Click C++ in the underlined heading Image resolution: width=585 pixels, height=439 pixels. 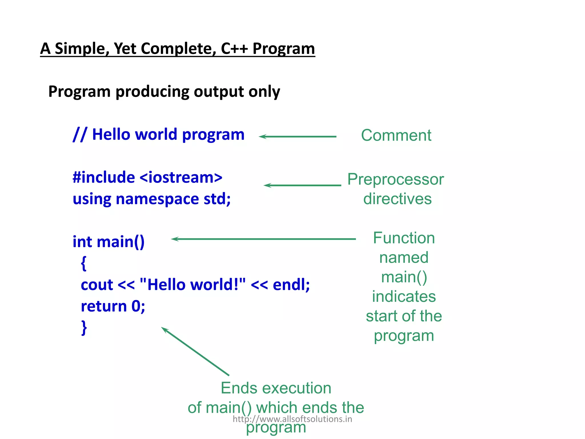point(234,48)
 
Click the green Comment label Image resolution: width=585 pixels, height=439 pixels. point(396,135)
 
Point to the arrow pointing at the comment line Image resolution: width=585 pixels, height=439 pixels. point(297,137)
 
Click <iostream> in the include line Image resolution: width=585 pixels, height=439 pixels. point(181,177)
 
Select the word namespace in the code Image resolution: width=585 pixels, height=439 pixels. point(157,199)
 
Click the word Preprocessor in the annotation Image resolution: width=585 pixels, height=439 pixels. point(396,179)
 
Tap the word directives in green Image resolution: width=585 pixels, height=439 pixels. point(397,199)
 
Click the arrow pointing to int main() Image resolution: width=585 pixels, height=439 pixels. point(263,239)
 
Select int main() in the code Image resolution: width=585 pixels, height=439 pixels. point(109,242)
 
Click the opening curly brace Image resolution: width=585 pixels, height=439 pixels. point(83,263)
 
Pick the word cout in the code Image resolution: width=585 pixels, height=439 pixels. point(97,285)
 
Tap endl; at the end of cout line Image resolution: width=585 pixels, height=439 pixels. point(291,285)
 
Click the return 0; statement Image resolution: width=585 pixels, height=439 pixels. point(113,306)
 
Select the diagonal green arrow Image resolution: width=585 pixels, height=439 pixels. point(195,351)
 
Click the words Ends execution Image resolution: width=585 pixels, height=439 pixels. point(276,388)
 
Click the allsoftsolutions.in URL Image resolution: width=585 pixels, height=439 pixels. point(292,419)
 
